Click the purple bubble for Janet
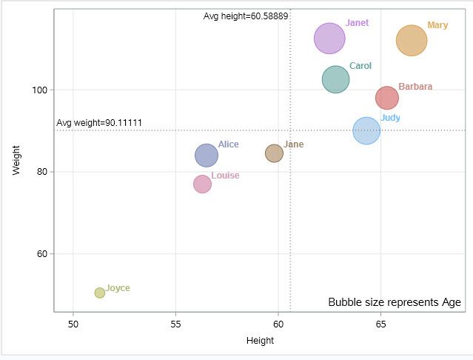coord(329,39)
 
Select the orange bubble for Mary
coord(412,41)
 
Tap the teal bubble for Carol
coord(335,79)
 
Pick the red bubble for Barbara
coord(387,98)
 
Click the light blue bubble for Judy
coord(366,131)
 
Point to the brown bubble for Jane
coord(275,153)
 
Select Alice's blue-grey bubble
coord(207,156)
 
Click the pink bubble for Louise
coord(203,184)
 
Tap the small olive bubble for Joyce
coord(100,293)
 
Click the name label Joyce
coord(118,288)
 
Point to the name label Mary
coord(437,25)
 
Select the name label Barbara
coord(415,87)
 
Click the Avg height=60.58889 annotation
coord(246,16)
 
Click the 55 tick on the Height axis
coord(175,324)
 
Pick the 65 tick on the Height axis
coord(380,324)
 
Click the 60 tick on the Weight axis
coord(42,254)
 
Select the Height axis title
coord(260,341)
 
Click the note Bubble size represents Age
coord(394,302)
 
